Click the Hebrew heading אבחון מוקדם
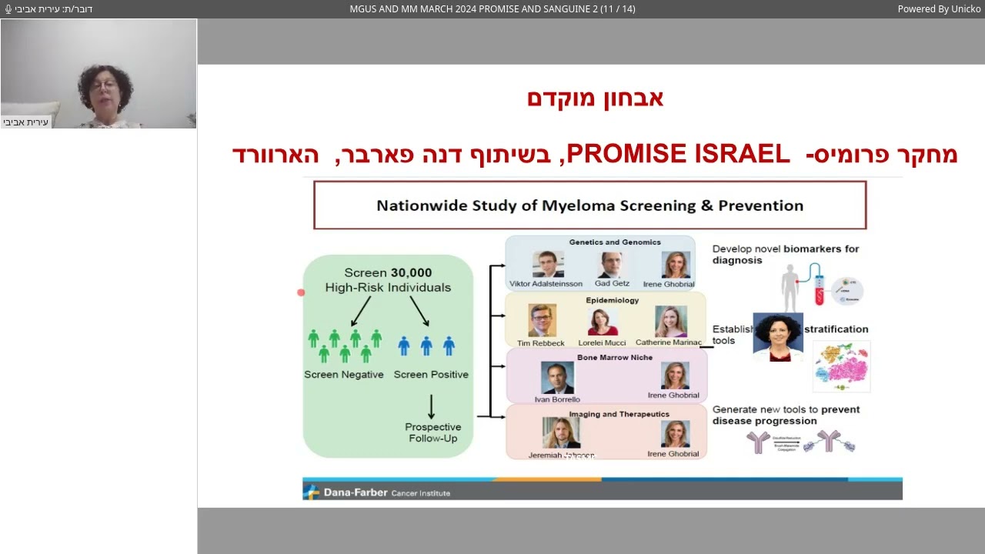point(595,98)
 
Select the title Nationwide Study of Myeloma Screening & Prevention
point(589,205)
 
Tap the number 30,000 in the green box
point(411,272)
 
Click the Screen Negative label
point(344,375)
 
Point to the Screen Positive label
point(431,375)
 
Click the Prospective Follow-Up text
point(433,432)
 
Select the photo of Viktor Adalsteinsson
point(548,264)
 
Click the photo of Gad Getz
point(611,264)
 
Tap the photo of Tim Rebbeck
point(542,321)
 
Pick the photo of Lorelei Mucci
point(603,322)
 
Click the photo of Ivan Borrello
point(557,378)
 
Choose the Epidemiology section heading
point(612,301)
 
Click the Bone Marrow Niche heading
point(614,358)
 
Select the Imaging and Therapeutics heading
point(619,415)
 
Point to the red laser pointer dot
point(301,292)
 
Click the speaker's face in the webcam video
point(104,86)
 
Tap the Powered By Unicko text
point(938,9)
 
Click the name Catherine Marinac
point(669,343)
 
